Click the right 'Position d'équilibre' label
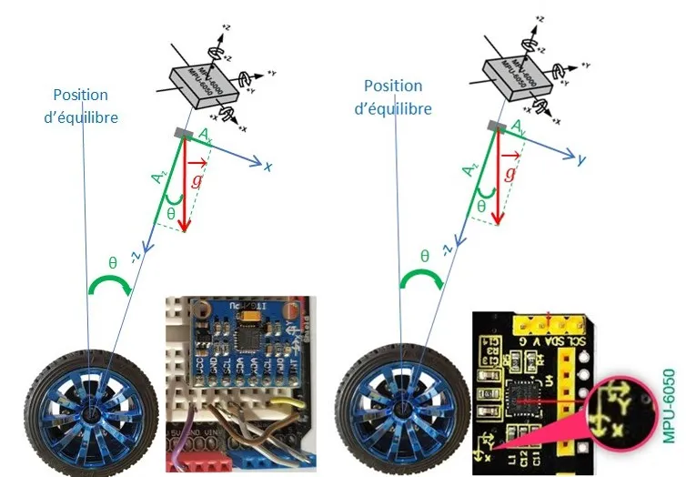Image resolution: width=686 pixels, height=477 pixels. tap(393, 96)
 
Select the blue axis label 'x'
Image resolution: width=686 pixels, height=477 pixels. tap(268, 167)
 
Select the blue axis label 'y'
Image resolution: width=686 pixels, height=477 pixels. tap(579, 160)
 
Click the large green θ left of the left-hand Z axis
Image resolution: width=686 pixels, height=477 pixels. tap(112, 264)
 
